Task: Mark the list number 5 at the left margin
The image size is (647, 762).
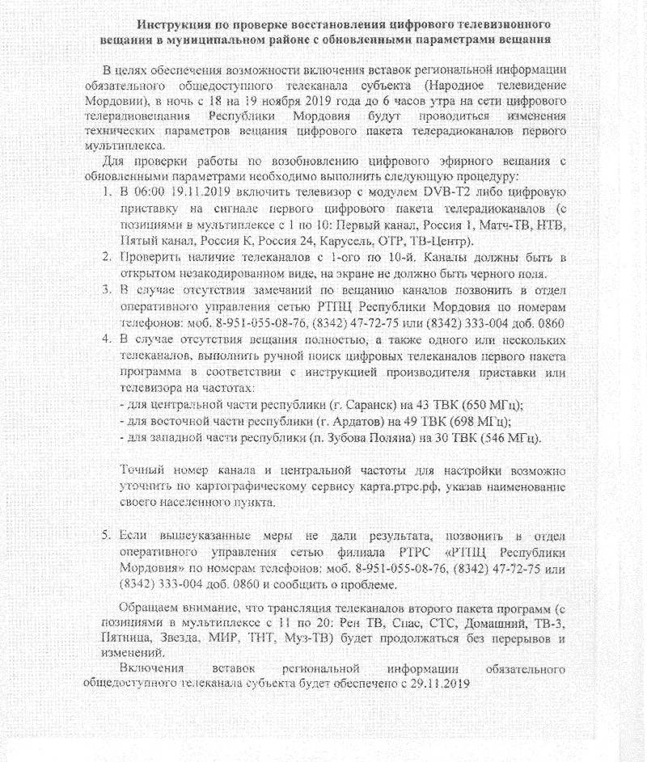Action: click(107, 536)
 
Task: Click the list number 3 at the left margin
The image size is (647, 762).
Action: click(107, 290)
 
